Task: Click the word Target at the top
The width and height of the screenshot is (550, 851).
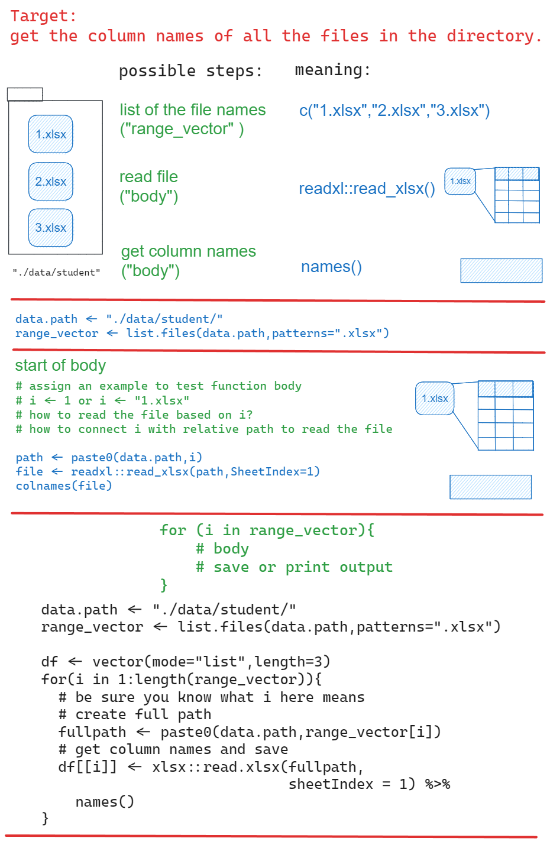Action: (39, 16)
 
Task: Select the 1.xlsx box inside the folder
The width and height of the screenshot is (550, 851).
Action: (51, 134)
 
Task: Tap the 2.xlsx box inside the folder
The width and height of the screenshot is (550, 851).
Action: (51, 182)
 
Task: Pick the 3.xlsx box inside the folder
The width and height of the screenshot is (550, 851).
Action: (51, 228)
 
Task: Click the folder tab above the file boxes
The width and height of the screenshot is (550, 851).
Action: (25, 94)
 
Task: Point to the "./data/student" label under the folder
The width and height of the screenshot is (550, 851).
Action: (56, 273)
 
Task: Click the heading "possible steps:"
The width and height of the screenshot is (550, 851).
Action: (190, 71)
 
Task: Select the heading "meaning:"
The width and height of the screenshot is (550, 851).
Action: (332, 70)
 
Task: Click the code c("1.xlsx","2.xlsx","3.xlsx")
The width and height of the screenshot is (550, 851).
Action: (394, 111)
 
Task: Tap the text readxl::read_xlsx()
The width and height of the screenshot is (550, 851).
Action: (367, 189)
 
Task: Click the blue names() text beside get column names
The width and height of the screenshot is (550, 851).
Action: (331, 267)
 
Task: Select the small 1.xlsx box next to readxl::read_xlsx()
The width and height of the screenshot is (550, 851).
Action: (460, 181)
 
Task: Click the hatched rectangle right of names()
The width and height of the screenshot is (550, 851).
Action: (501, 270)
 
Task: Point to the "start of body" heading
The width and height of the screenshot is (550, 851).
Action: (60, 365)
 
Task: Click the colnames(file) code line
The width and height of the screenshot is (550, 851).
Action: (64, 486)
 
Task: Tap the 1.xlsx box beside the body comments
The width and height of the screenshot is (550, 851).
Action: (435, 399)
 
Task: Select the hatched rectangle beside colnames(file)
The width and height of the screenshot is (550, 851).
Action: (490, 487)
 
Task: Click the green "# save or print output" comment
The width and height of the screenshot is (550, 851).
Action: (294, 567)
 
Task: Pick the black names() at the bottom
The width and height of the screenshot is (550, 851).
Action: (105, 802)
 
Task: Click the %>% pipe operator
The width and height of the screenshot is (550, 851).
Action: (438, 784)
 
